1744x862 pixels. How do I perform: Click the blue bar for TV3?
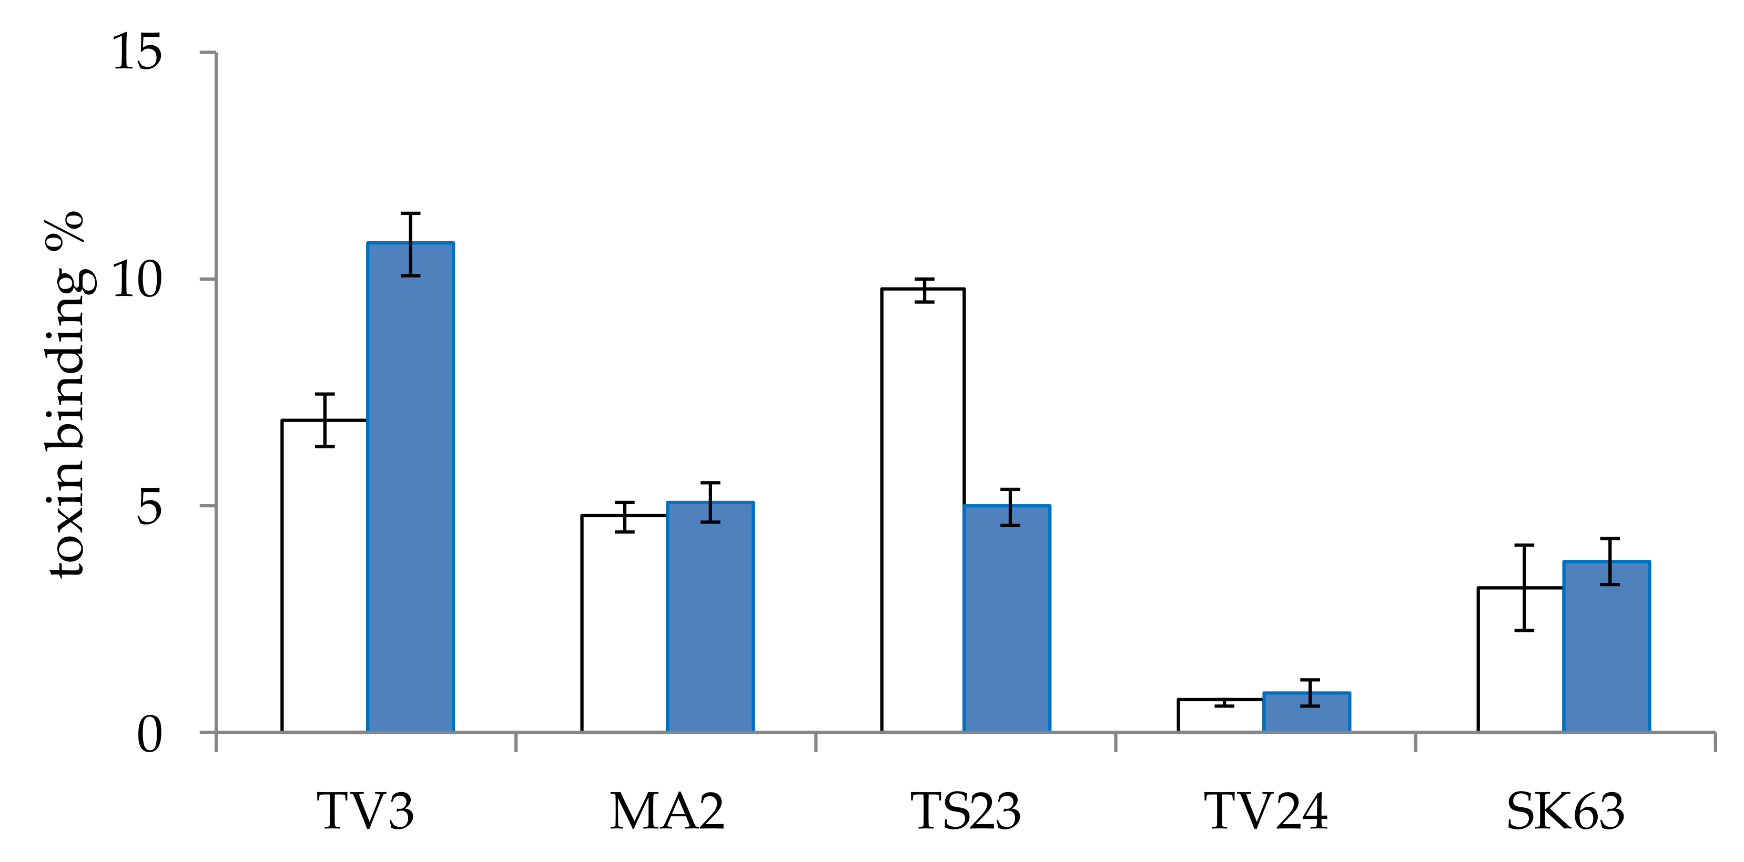tap(410, 487)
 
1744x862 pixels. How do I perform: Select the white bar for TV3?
tap(325, 576)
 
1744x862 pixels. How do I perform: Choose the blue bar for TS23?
tap(1007, 619)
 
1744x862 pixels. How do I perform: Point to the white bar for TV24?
tap(1221, 716)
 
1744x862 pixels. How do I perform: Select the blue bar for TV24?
tap(1306, 713)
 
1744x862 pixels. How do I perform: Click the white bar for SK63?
tap(1520, 660)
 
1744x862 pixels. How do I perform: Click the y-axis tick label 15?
tap(137, 52)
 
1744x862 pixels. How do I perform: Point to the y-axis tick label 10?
tap(137, 280)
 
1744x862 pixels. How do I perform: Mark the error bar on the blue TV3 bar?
tap(410, 244)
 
